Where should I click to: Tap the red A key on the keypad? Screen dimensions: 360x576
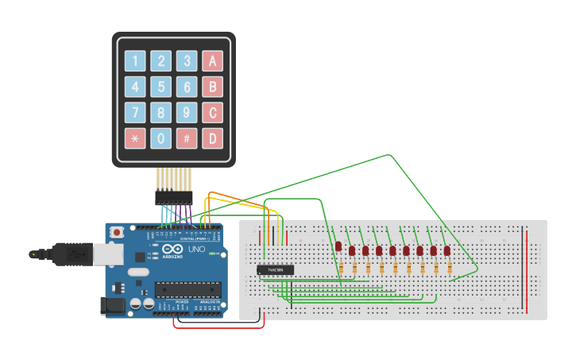[x=212, y=61]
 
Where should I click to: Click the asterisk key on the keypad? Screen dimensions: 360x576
[x=135, y=138]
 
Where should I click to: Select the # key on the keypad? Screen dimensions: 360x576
[x=187, y=138]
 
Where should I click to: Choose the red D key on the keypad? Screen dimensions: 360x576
[x=212, y=138]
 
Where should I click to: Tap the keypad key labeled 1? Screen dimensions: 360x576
[x=135, y=61]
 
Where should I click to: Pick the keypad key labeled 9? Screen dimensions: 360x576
[x=187, y=113]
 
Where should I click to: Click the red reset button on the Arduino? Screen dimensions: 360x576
[x=118, y=232]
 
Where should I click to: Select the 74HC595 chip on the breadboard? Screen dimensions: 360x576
[x=276, y=270]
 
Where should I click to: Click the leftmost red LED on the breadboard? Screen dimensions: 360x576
[x=338, y=247]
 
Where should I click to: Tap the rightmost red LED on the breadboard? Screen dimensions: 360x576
[x=447, y=250]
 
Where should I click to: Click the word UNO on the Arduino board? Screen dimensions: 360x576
[x=195, y=250]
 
